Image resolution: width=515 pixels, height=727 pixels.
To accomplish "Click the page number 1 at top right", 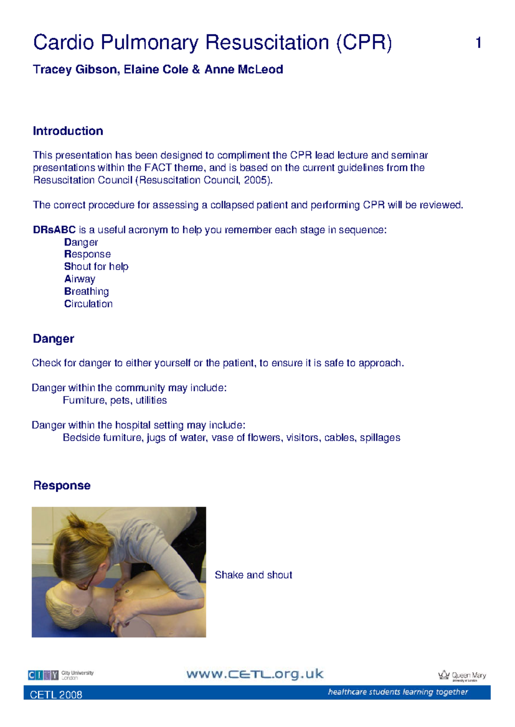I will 478,43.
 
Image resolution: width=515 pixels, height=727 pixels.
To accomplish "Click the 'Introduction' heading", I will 68,131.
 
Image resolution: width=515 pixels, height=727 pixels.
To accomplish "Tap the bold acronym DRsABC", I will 54,230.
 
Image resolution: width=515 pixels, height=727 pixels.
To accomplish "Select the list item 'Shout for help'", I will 96,267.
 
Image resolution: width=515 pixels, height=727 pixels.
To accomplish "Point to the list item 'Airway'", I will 80,279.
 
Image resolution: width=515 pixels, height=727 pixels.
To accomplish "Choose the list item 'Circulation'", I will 88,304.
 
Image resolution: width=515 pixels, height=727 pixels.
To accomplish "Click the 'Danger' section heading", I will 53,339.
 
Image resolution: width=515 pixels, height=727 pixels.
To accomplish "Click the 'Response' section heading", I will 62,485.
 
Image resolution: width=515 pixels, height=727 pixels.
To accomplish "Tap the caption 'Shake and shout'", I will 253,575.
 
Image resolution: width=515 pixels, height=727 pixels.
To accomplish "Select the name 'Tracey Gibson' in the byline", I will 76,69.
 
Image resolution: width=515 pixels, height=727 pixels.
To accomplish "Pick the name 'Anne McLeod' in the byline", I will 243,69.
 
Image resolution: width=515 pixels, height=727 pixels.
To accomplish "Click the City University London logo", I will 61,675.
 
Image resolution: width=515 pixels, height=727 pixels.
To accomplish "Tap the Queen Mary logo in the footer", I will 462,675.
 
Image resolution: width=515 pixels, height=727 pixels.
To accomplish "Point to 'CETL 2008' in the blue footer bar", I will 56,695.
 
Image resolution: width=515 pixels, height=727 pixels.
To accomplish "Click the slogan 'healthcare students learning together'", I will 398,692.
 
